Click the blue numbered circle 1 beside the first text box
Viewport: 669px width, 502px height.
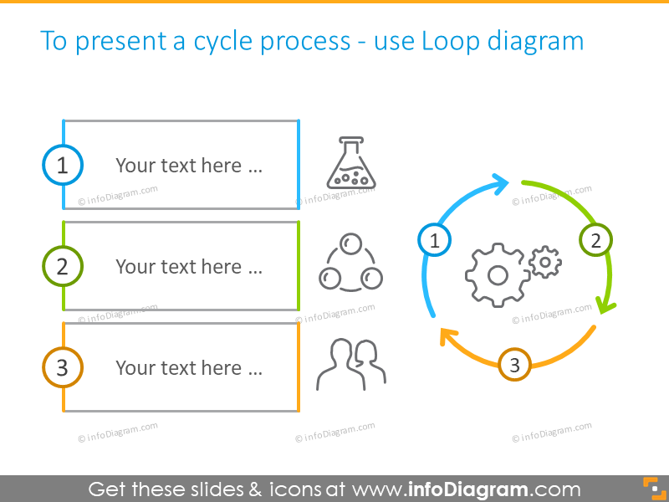click(x=63, y=166)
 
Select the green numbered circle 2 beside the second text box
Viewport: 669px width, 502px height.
click(x=63, y=267)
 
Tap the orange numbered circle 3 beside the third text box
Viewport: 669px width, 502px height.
click(x=63, y=368)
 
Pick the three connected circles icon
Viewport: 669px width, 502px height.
click(x=350, y=264)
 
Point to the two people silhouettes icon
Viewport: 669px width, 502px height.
click(x=350, y=365)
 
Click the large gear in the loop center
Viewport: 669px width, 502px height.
click(x=497, y=274)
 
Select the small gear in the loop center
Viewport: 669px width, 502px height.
click(x=545, y=261)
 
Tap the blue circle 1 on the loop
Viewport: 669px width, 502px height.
click(x=434, y=241)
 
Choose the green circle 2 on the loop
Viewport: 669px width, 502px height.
click(x=595, y=241)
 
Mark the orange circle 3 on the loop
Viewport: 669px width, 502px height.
click(x=514, y=365)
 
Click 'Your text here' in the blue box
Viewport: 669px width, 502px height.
click(x=189, y=166)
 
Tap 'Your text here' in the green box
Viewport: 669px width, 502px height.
click(x=189, y=267)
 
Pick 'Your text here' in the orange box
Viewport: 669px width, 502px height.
click(x=189, y=368)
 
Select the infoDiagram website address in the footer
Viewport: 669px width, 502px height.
click(x=466, y=489)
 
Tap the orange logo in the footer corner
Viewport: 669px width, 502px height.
click(x=651, y=488)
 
